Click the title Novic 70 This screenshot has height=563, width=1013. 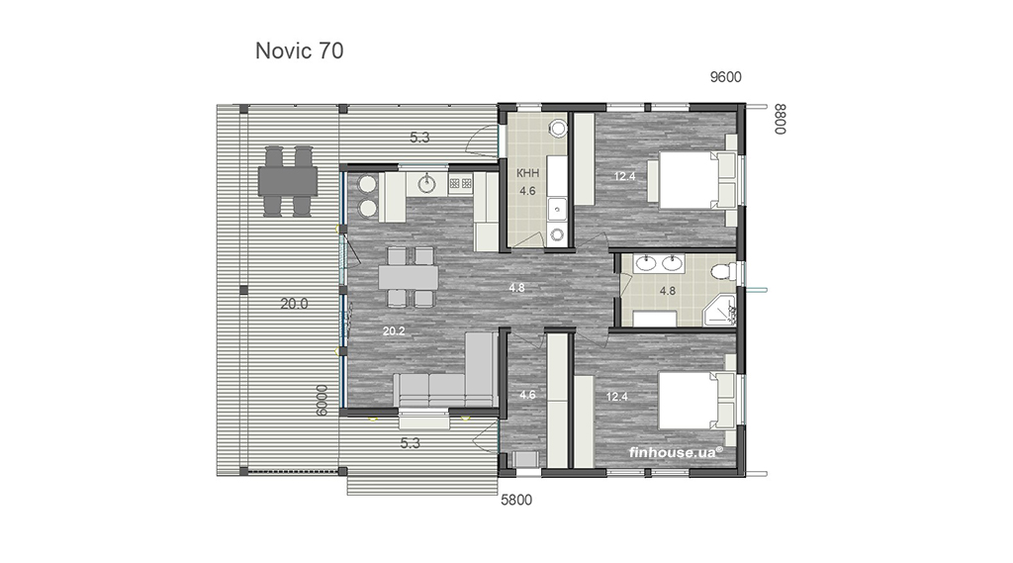(x=299, y=50)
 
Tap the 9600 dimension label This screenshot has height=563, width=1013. (x=725, y=77)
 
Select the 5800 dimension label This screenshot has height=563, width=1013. (x=516, y=500)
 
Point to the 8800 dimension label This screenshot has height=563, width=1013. (x=781, y=119)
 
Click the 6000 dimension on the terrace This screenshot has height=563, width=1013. (x=322, y=401)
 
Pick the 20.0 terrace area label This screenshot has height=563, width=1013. (x=294, y=304)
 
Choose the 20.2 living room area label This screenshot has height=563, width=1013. (x=394, y=330)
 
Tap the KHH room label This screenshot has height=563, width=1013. (x=528, y=173)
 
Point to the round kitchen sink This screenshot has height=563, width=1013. (x=427, y=184)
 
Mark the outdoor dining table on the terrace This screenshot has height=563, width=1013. (x=288, y=181)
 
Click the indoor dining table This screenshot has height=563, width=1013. (x=409, y=277)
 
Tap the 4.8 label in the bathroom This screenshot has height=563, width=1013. (x=668, y=291)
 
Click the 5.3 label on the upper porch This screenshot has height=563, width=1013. (x=419, y=137)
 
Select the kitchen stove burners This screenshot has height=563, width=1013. (x=461, y=184)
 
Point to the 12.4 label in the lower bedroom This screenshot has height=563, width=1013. (x=617, y=396)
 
